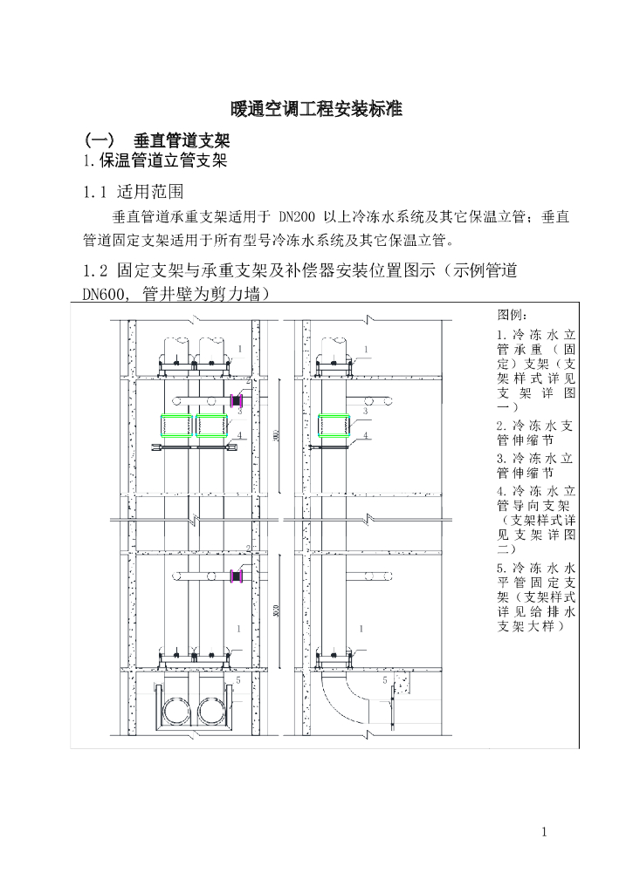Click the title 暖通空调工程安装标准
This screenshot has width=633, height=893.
click(316, 110)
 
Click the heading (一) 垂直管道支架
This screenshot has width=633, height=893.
click(156, 141)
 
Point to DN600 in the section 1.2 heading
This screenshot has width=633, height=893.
click(103, 294)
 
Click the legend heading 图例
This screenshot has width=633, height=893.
click(513, 315)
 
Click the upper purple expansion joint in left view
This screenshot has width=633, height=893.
click(234, 400)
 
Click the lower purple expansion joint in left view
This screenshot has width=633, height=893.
click(234, 576)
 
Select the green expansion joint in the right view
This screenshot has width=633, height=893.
click(338, 426)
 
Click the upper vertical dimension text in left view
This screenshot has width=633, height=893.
click(276, 433)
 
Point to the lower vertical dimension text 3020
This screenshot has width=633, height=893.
click(276, 610)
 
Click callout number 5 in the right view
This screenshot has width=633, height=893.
click(385, 678)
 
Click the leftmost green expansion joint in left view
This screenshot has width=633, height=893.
click(177, 426)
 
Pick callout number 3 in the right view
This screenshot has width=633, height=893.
click(364, 410)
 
